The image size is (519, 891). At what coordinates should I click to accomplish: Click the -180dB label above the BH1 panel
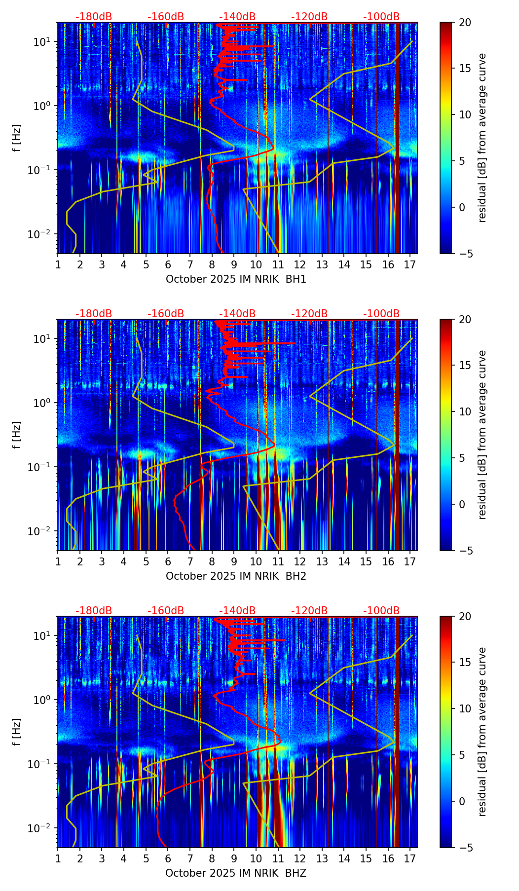(94, 17)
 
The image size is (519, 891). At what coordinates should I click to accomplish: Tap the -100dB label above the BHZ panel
(381, 611)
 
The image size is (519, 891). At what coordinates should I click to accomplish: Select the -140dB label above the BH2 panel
(237, 314)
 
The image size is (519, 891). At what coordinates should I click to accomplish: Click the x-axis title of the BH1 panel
(236, 279)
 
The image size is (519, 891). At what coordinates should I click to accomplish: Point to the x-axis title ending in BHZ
(236, 873)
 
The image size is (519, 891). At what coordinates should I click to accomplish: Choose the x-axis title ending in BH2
(236, 576)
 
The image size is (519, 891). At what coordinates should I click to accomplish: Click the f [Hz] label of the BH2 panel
(17, 435)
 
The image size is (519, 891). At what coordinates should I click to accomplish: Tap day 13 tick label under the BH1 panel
(322, 264)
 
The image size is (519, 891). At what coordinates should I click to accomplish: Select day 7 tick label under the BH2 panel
(190, 561)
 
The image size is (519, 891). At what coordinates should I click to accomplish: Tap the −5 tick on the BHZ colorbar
(462, 848)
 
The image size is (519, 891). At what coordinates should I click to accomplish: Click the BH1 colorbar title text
(482, 138)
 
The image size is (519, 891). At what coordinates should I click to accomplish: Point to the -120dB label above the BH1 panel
(309, 17)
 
